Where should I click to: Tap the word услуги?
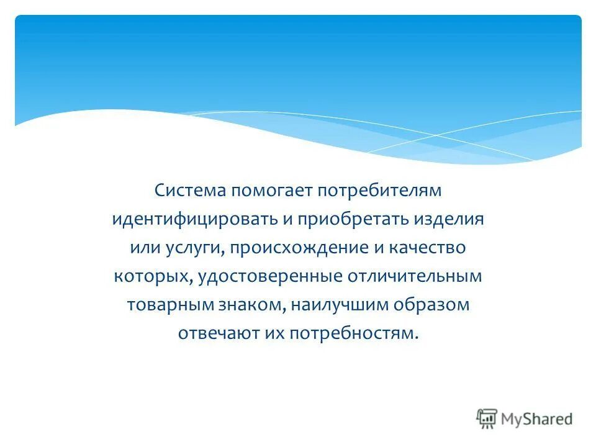pos(194,248)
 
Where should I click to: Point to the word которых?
pos(151,277)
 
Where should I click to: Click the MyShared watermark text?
pos(537,418)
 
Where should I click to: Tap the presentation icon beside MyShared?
pos(487,418)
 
